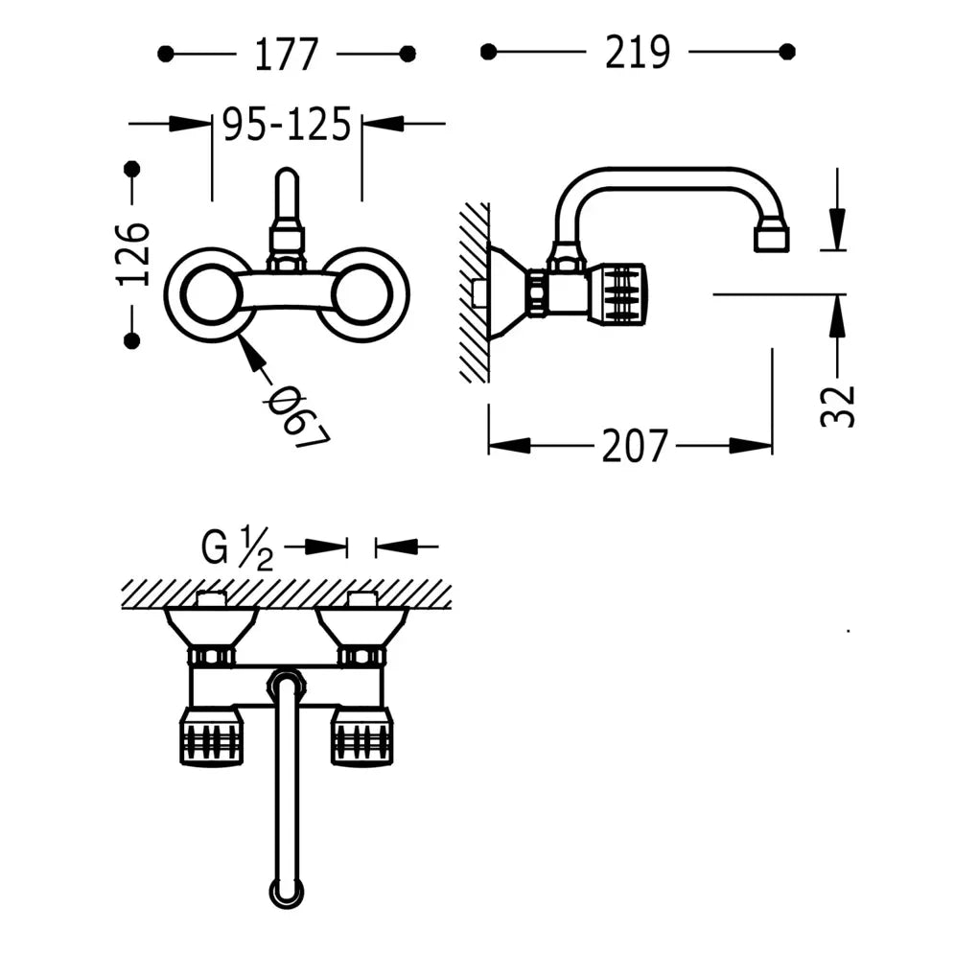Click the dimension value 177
(286, 54)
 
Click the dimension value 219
(637, 52)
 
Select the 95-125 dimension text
(287, 125)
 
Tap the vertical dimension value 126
(133, 254)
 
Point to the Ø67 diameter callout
(296, 418)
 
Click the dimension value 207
(634, 446)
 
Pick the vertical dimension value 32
(837, 405)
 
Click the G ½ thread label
(237, 549)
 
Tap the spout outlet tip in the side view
(771, 238)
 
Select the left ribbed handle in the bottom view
(211, 737)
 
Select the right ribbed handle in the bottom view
(361, 737)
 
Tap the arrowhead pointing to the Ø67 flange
(250, 352)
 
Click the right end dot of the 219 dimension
(788, 52)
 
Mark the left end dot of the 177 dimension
(166, 54)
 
